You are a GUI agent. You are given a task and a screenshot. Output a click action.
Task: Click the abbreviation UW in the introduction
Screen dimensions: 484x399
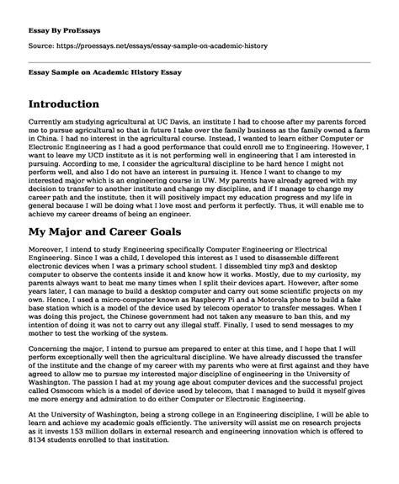click(246, 178)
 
